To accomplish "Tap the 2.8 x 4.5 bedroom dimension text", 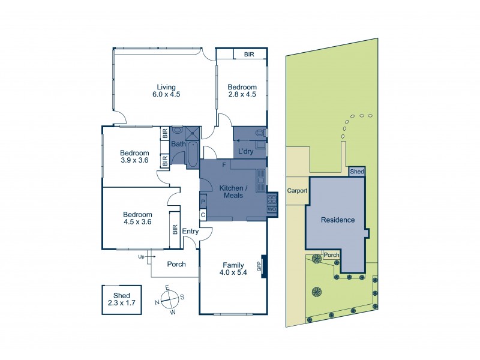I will (x=242, y=94).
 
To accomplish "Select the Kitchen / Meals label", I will (x=231, y=191).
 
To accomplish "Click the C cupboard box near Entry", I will (x=203, y=214).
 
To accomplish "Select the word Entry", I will (x=190, y=231).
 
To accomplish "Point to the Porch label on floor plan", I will (x=176, y=264).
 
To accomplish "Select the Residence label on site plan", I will (x=337, y=220).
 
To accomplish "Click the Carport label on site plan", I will (x=297, y=191).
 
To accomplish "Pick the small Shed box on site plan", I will (x=357, y=172).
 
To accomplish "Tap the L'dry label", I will (x=246, y=151).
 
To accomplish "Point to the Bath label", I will (x=178, y=144).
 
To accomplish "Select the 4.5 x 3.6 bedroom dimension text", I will (x=137, y=222).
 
